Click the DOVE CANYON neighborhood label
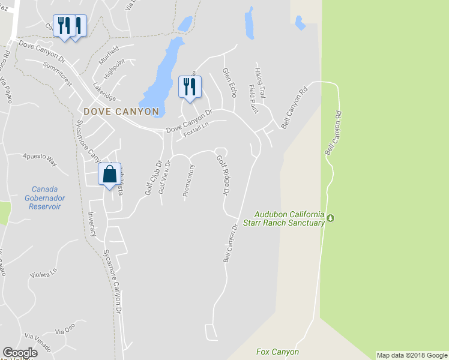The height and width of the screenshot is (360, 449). [121, 112]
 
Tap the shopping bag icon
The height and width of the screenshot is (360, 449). [110, 175]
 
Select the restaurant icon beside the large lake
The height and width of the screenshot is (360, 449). [190, 87]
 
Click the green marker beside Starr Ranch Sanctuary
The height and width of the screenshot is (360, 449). [330, 217]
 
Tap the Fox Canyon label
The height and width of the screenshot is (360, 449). [277, 352]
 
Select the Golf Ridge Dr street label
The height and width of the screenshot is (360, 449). [223, 175]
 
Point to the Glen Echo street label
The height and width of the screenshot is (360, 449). [229, 82]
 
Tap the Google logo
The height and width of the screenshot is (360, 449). [20, 353]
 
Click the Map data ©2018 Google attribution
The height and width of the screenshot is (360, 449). [412, 355]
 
